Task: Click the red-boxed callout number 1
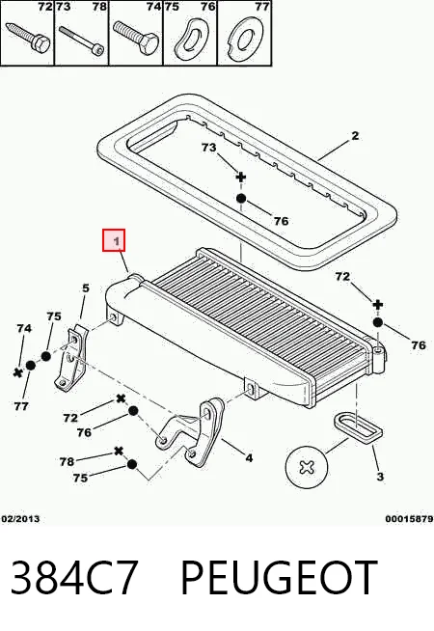(x=117, y=241)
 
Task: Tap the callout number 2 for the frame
(x=355, y=136)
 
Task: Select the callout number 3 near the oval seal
(x=380, y=477)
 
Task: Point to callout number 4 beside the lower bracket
(x=249, y=458)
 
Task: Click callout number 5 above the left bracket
(x=85, y=288)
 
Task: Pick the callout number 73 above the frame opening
(x=208, y=148)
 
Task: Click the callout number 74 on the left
(x=24, y=329)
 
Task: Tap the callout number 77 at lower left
(x=21, y=406)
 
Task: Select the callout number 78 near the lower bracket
(x=67, y=461)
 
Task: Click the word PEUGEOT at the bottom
(x=279, y=578)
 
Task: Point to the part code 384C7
(x=74, y=578)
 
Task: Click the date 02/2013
(x=21, y=519)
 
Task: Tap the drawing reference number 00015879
(x=409, y=519)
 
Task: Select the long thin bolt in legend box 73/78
(x=82, y=40)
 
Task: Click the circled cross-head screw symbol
(x=307, y=467)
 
